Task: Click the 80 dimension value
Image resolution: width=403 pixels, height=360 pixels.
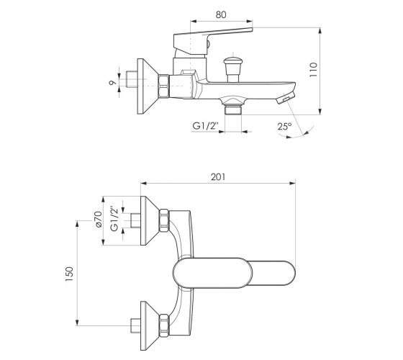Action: pyautogui.click(x=221, y=14)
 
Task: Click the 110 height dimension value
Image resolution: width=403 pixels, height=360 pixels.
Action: pyautogui.click(x=314, y=69)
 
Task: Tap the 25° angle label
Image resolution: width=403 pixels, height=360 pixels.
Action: pyautogui.click(x=284, y=127)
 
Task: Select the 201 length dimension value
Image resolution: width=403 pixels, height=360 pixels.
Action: pyautogui.click(x=218, y=177)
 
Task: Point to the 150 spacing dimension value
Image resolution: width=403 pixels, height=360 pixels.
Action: pyautogui.click(x=69, y=274)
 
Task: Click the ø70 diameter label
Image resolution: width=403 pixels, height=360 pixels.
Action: pyautogui.click(x=98, y=219)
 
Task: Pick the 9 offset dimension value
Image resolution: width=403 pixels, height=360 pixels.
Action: pyautogui.click(x=112, y=83)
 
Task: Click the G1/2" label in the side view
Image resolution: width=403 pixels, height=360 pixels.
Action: pyautogui.click(x=206, y=126)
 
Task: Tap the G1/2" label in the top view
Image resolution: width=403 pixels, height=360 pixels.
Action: pyautogui.click(x=115, y=219)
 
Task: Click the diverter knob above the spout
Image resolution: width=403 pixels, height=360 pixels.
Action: pyautogui.click(x=233, y=69)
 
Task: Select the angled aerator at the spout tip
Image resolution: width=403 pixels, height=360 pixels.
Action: pyautogui.click(x=286, y=97)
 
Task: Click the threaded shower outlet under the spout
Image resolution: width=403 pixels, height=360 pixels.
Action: pyautogui.click(x=233, y=109)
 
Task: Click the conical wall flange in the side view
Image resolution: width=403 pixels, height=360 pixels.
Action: pyautogui.click(x=148, y=86)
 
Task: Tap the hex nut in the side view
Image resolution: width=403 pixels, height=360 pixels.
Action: pyautogui.click(x=164, y=86)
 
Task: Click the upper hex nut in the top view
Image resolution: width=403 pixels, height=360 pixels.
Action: pyautogui.click(x=164, y=220)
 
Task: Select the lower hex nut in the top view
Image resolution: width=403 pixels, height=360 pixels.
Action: pyautogui.click(x=164, y=325)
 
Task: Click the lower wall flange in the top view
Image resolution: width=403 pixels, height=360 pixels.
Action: pyautogui.click(x=150, y=325)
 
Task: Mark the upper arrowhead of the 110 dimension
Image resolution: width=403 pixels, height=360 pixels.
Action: pyautogui.click(x=320, y=31)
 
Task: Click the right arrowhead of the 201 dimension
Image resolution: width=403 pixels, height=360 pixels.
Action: pyautogui.click(x=292, y=184)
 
